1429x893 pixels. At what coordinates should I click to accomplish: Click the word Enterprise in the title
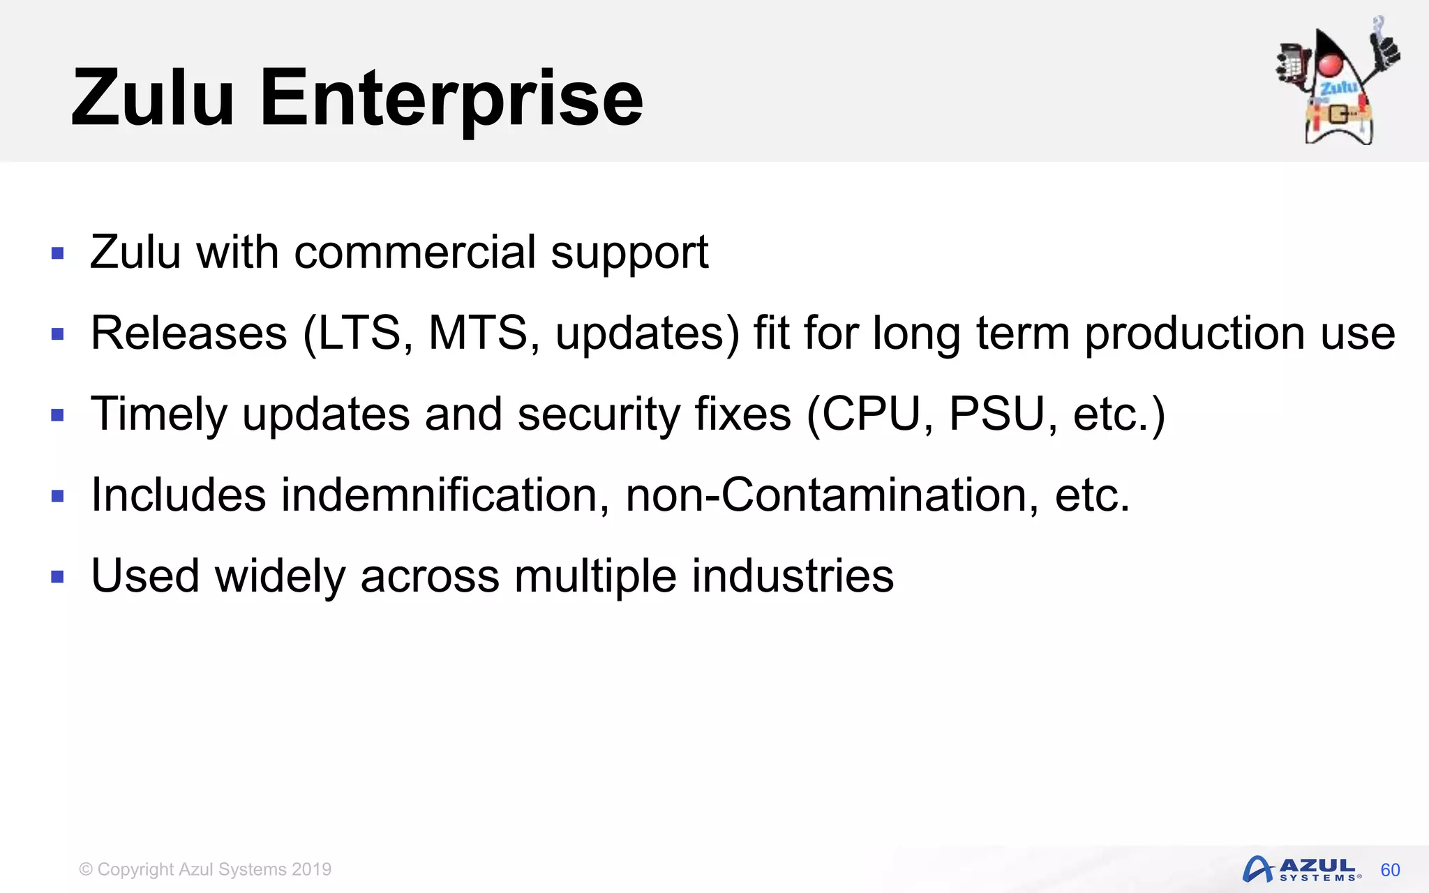click(x=451, y=98)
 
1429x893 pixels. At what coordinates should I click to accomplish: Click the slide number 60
click(x=1390, y=870)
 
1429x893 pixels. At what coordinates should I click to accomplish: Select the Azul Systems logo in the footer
click(x=1302, y=869)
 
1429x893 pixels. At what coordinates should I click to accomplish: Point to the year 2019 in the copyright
click(x=312, y=869)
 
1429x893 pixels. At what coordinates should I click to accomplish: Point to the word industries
click(x=793, y=576)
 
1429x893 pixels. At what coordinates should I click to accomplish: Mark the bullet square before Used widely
click(x=58, y=577)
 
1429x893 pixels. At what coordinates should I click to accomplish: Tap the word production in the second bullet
click(x=1195, y=334)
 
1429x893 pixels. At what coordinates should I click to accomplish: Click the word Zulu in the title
click(x=153, y=98)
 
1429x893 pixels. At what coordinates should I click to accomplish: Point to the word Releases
click(x=189, y=333)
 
